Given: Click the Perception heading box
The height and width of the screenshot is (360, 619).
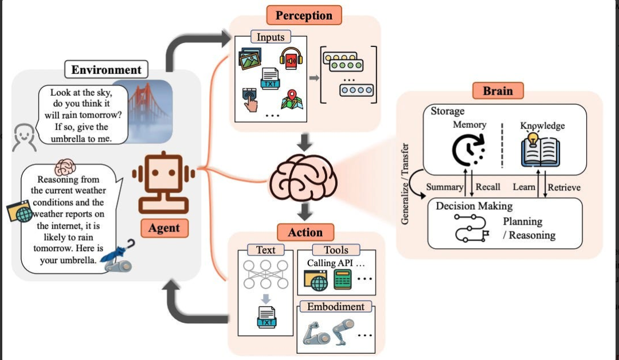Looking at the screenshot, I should point(304,15).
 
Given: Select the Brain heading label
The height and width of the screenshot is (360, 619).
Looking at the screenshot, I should point(497,91).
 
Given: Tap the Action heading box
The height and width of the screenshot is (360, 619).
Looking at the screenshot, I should point(305,232).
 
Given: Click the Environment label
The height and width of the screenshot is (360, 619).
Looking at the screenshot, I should point(106,70).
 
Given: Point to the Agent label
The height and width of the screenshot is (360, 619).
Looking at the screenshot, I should point(163,228).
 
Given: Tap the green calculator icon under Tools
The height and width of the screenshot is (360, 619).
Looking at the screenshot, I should point(343,279).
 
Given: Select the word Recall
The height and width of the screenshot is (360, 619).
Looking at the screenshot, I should point(488,187).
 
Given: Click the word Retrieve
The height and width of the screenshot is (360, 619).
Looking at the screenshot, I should point(564,187).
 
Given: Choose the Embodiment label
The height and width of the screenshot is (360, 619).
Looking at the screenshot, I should point(335,307).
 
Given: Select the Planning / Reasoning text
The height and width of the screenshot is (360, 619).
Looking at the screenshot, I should point(528,228).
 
